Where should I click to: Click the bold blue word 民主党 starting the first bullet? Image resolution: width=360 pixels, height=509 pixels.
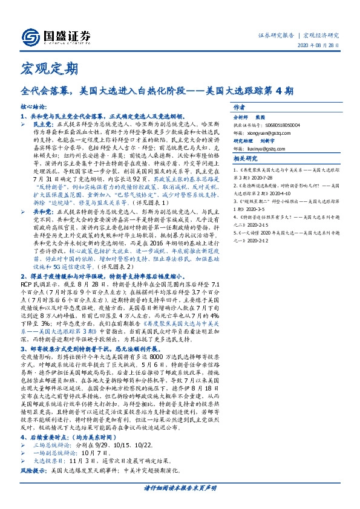[x=42, y=122]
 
